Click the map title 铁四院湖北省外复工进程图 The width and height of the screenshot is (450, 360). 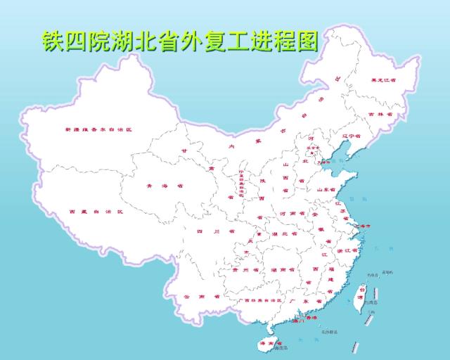[x=179, y=40]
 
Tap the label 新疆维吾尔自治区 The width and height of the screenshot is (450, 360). [x=99, y=130]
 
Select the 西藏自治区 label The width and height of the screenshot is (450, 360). [x=96, y=212]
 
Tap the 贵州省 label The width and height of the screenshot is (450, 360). [x=241, y=269]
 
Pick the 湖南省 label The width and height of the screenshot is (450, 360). [x=282, y=269]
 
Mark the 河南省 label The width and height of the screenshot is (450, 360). [x=292, y=213]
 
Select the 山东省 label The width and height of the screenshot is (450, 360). [x=328, y=189]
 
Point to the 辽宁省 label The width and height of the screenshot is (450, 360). [x=351, y=136]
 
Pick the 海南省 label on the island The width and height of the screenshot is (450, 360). [x=266, y=342]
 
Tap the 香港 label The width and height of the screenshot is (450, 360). [x=310, y=319]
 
